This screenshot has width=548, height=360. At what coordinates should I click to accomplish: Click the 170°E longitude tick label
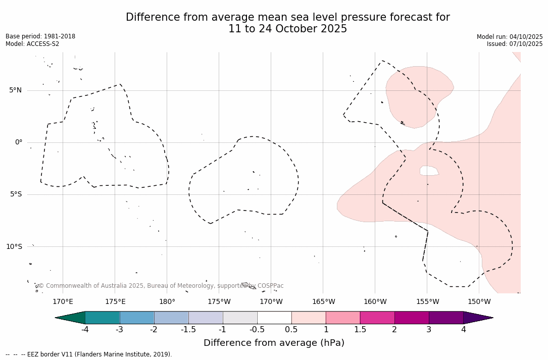pyautogui.click(x=63, y=302)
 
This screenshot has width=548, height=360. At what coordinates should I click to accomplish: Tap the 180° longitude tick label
pyautogui.click(x=167, y=302)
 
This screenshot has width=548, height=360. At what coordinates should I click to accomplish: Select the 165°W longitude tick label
pyautogui.click(x=323, y=302)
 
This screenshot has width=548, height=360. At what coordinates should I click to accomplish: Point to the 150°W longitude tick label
pyautogui.click(x=479, y=302)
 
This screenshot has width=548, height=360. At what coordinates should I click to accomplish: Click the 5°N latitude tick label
pyautogui.click(x=15, y=90)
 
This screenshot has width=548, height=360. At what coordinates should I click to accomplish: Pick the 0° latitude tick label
pyautogui.click(x=19, y=142)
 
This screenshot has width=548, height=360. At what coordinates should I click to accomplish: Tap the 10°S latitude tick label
pyautogui.click(x=14, y=246)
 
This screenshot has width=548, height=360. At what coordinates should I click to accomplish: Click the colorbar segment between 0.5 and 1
pyautogui.click(x=309, y=318)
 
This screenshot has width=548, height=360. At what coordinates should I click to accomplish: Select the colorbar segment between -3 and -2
pyautogui.click(x=137, y=318)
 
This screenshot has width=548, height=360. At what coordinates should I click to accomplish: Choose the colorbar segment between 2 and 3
pyautogui.click(x=412, y=318)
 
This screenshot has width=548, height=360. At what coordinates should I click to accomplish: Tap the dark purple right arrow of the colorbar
pyautogui.click(x=477, y=318)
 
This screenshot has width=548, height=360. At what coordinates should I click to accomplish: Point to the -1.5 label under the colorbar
pyautogui.click(x=188, y=330)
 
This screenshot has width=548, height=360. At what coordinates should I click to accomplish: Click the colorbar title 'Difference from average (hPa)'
pyautogui.click(x=274, y=343)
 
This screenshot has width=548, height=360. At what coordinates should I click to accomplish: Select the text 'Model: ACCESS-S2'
pyautogui.click(x=32, y=44)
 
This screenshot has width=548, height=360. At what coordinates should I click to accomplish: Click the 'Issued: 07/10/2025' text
pyautogui.click(x=515, y=44)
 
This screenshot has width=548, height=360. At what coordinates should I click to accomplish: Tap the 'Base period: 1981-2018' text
pyautogui.click(x=40, y=36)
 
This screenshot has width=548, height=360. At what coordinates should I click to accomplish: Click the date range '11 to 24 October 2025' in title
pyautogui.click(x=287, y=29)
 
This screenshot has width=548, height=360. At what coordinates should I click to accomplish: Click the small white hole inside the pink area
pyautogui.click(x=429, y=171)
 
